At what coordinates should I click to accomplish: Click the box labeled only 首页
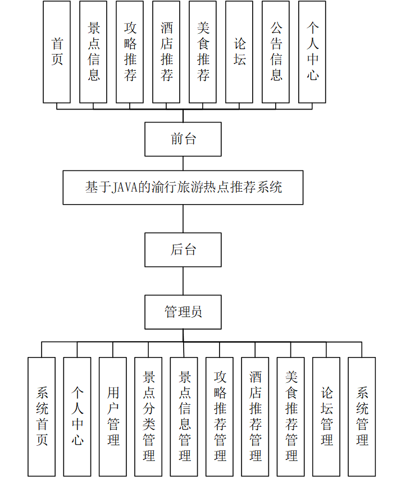(57, 52)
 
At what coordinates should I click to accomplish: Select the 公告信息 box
(276, 52)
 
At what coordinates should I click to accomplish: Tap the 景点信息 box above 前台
(93, 52)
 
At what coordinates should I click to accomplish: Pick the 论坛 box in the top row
(239, 52)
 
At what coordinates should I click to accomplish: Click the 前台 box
(183, 139)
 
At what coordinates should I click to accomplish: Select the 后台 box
(183, 250)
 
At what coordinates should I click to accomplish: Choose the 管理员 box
(183, 312)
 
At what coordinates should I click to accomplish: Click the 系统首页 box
(42, 417)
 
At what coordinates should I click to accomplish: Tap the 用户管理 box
(113, 417)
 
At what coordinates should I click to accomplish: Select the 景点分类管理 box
(148, 417)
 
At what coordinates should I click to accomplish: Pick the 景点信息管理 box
(184, 417)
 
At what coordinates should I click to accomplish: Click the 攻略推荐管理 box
(220, 417)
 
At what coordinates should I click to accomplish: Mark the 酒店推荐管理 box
(255, 417)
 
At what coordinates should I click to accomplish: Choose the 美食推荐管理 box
(291, 417)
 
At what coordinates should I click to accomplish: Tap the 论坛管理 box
(326, 417)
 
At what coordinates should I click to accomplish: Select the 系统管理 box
(362, 417)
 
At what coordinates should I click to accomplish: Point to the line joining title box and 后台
(183, 219)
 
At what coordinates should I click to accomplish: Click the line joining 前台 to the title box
(183, 164)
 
